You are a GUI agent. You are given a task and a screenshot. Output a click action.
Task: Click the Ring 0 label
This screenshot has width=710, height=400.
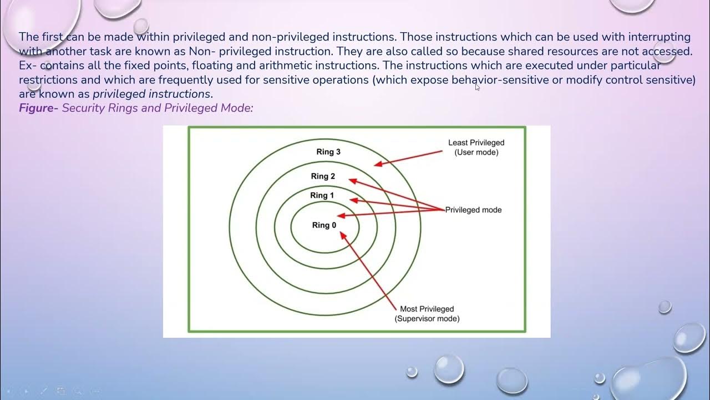(x=324, y=225)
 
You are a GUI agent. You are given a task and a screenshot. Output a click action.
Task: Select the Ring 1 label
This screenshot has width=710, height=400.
(x=322, y=195)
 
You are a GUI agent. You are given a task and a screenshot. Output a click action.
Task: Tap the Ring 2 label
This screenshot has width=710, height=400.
(x=323, y=176)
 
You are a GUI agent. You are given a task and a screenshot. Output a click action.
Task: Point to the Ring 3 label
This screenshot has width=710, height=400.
(x=325, y=152)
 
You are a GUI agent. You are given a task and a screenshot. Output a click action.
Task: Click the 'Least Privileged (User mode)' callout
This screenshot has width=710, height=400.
(x=476, y=147)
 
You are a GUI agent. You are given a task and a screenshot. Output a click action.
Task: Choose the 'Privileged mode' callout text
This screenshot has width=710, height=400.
(x=473, y=210)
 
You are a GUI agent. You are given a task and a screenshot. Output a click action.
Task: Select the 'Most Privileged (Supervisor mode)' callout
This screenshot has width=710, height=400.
(x=427, y=314)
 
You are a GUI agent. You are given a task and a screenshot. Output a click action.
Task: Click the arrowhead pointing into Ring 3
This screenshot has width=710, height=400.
(x=377, y=164)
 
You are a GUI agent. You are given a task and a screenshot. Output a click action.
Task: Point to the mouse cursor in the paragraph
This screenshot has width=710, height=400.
(x=477, y=87)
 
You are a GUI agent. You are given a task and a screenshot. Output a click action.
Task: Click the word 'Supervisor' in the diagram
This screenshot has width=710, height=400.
(x=417, y=319)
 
